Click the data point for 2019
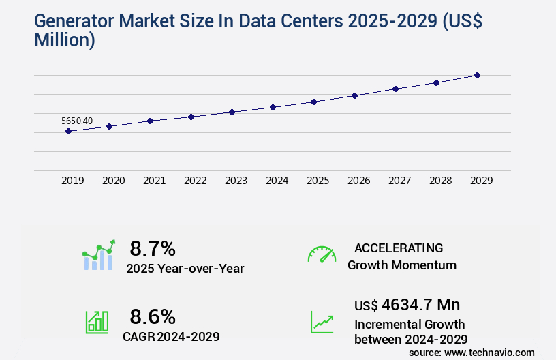tap(68, 131)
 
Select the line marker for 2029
tap(477, 75)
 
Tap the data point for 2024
tap(273, 107)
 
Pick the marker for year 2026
tap(354, 95)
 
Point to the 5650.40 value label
tap(77, 121)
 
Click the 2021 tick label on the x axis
tap(154, 181)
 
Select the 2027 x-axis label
tap(399, 181)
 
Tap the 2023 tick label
tap(236, 181)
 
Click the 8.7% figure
tap(153, 247)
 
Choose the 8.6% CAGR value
tap(153, 316)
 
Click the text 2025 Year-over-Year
tap(185, 269)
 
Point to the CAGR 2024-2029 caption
tap(171, 336)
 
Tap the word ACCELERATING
tap(399, 247)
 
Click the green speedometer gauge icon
tap(322, 254)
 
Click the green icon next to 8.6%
tap(96, 322)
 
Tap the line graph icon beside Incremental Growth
tap(322, 322)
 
